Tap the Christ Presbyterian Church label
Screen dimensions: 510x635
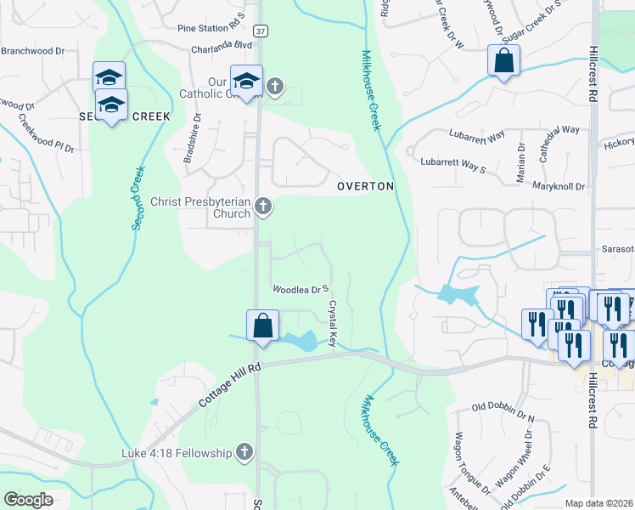(x=200, y=207)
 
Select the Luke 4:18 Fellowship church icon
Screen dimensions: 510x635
(x=244, y=453)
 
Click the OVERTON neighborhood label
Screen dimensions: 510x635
(x=365, y=185)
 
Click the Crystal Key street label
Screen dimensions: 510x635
(x=334, y=323)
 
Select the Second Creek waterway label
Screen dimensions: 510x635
(x=138, y=198)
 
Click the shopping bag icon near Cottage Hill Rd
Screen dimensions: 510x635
(x=262, y=325)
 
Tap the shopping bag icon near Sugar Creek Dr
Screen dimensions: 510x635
(x=503, y=59)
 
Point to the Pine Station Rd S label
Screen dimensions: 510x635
(x=211, y=28)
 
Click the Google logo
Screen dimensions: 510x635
(x=29, y=500)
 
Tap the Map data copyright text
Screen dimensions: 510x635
(x=599, y=503)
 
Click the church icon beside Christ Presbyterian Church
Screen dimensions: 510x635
(x=265, y=206)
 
